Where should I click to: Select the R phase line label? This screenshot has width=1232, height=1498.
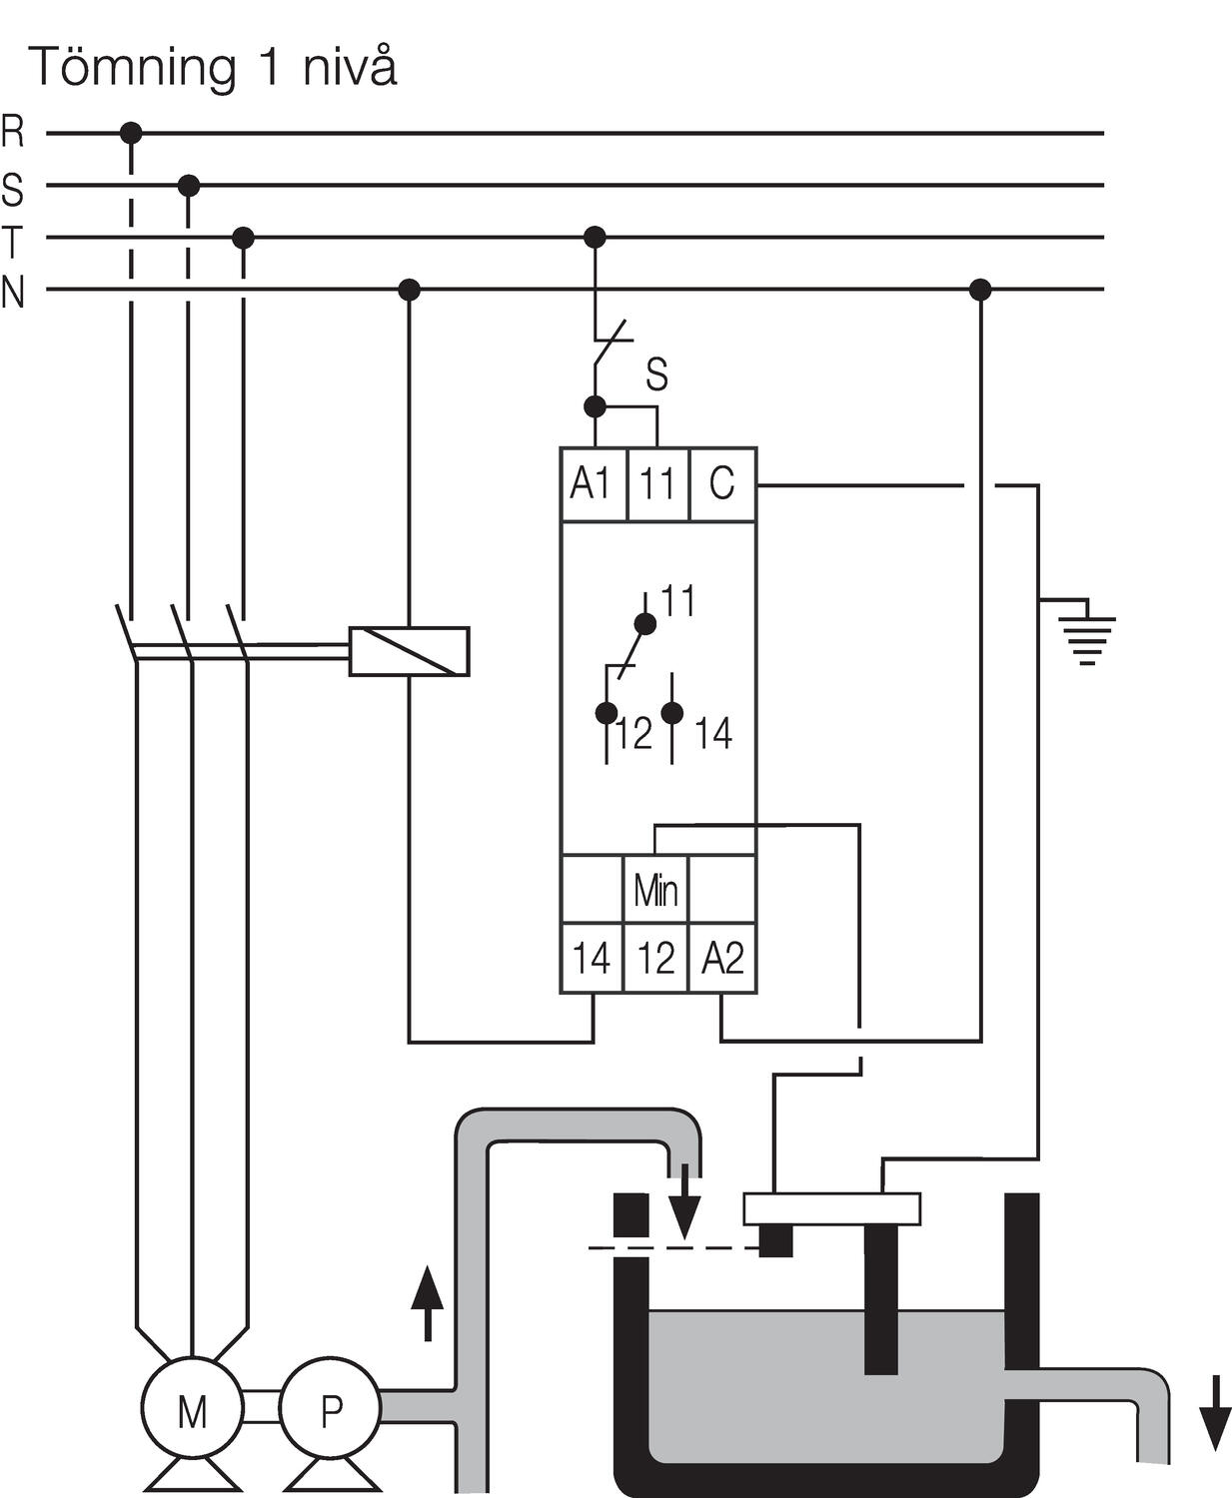[x=13, y=132]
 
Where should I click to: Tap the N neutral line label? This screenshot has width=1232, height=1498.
[x=13, y=293]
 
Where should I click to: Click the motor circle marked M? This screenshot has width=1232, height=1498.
[x=191, y=1409]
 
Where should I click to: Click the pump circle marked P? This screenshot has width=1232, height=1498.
[x=330, y=1409]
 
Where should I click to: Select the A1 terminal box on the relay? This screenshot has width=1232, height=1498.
[x=593, y=484]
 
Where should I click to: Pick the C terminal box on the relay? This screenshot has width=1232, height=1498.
[x=722, y=484]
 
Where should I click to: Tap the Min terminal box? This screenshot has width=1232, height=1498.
[x=655, y=889]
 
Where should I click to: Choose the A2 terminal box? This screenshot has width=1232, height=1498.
[x=721, y=958]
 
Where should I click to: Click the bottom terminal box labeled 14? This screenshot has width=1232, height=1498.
[x=592, y=958]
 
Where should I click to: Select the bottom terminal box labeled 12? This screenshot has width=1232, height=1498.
[x=655, y=958]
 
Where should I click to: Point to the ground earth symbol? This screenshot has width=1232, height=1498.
[x=1087, y=635]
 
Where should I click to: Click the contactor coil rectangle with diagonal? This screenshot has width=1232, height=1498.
[x=409, y=651]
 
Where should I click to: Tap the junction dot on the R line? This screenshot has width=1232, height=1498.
[x=130, y=132]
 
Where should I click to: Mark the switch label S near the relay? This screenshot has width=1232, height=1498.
[x=656, y=374]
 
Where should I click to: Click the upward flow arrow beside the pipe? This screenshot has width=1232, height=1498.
[x=427, y=1302]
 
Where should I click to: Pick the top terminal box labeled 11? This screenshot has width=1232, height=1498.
[x=657, y=484]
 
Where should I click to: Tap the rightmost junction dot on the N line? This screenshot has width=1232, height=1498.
[x=980, y=290]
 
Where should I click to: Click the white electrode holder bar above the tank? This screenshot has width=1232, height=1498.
[x=831, y=1208]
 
